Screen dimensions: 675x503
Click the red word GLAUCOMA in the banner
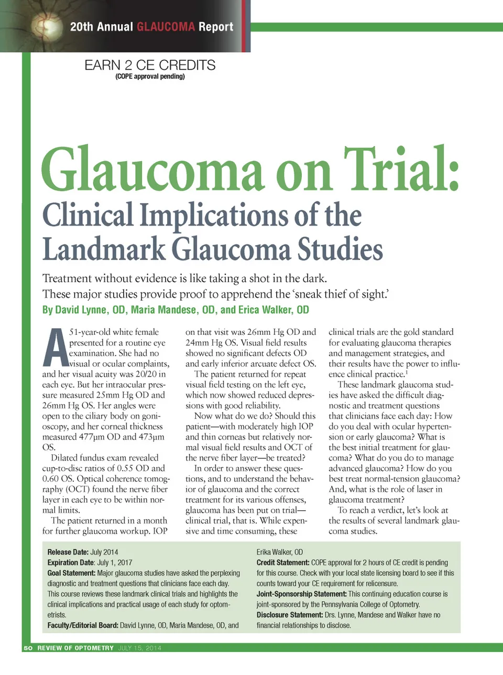166,27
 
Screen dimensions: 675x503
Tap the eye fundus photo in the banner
48,26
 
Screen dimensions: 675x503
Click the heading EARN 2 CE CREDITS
150,65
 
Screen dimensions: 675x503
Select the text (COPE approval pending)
150,76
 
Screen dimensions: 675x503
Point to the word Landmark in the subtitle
103,249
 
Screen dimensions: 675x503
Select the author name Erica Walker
266,310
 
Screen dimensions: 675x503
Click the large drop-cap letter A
55,348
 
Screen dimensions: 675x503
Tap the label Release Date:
68,552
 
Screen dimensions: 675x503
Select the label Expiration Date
71,562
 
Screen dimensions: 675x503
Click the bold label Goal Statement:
71,573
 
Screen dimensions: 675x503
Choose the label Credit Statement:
283,562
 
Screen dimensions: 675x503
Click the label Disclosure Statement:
289,615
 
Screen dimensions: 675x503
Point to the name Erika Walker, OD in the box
280,552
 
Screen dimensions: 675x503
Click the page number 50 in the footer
28,648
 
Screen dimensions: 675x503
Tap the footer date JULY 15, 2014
139,648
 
